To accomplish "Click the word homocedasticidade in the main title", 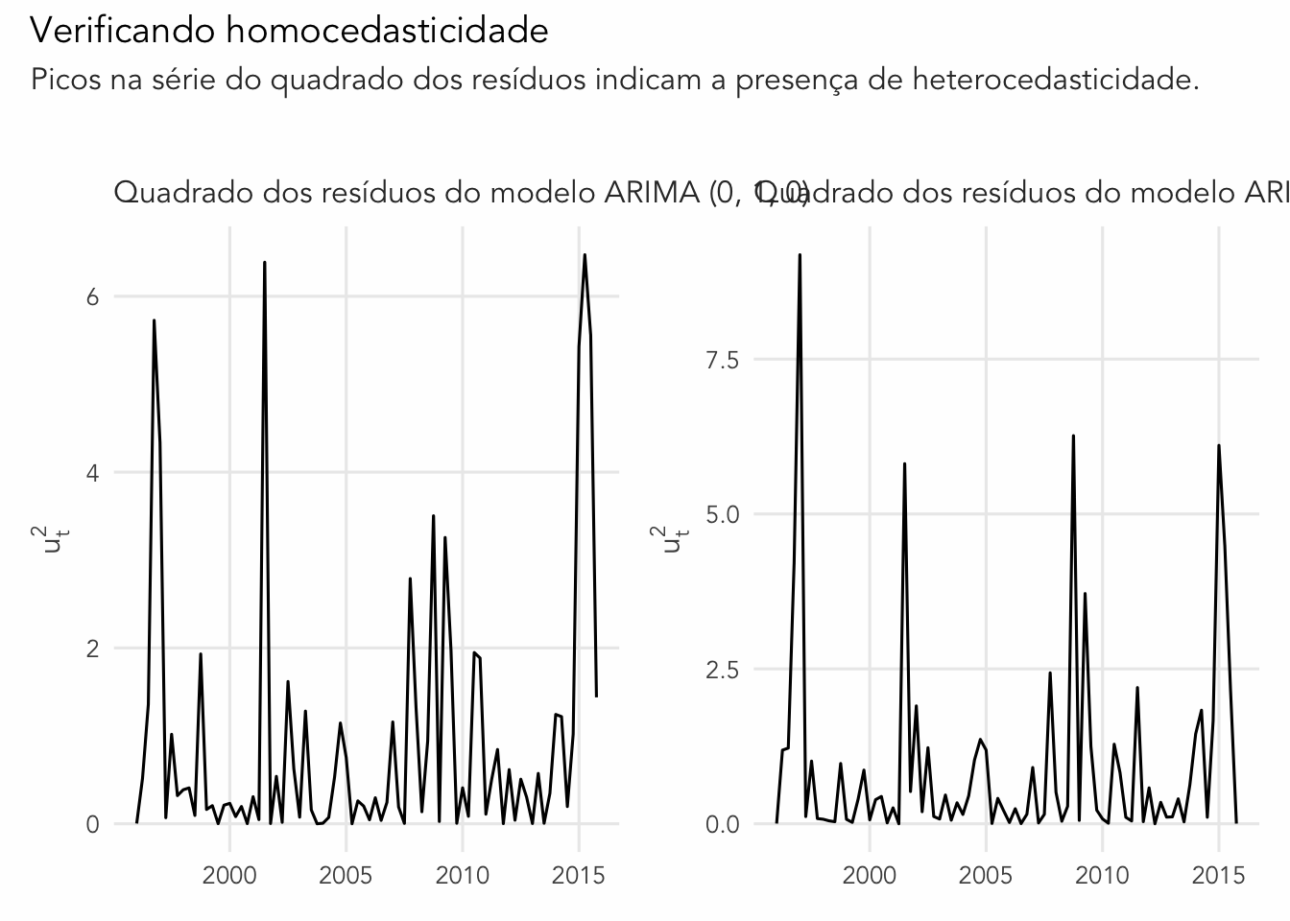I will coord(388,31).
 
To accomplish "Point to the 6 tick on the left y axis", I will coord(92,296).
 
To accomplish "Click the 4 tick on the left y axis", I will coord(92,472).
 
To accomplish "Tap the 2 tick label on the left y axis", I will coord(92,649).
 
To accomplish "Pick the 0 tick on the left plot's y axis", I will coord(92,824).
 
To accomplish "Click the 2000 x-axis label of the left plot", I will coord(229,875).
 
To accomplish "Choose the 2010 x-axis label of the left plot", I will coord(462,875).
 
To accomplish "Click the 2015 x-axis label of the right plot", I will coord(1219,875).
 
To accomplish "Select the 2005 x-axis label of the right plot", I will coord(986,875).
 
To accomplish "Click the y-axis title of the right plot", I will coord(675,539).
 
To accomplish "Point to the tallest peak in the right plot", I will coord(800,255).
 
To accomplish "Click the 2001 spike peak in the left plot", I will coord(264,262).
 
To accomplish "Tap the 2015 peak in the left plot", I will coord(585,254).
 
